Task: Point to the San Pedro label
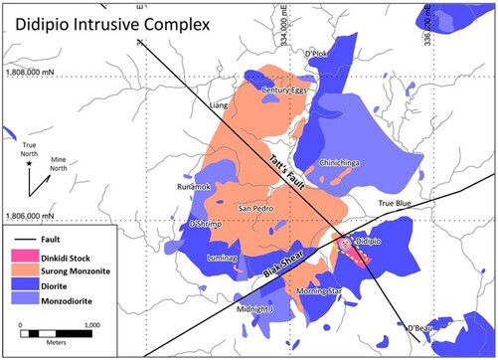pyautogui.click(x=257, y=208)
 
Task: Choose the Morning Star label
pyautogui.click(x=320, y=291)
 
